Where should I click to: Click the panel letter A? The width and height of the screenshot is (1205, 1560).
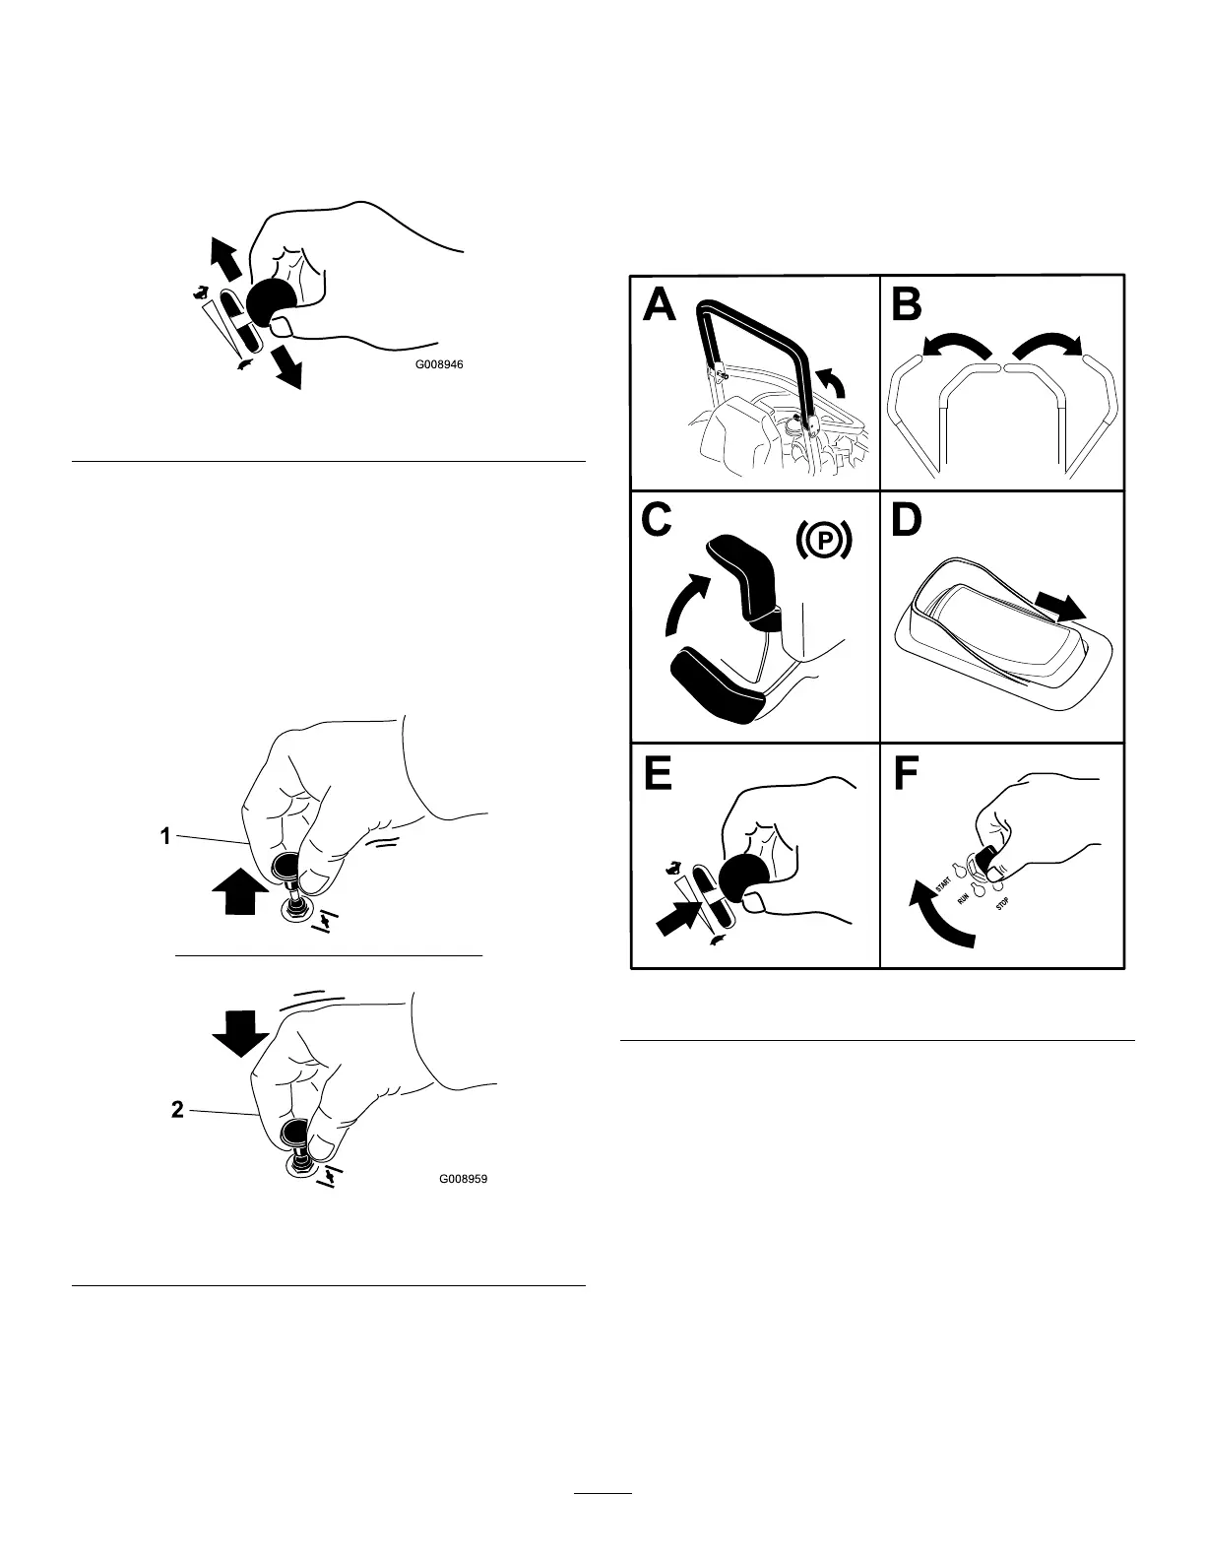click(x=660, y=304)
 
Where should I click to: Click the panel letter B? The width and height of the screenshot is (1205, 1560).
click(x=907, y=304)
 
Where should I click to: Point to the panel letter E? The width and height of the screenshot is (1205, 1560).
click(x=658, y=774)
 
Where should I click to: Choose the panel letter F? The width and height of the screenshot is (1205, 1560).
click(x=906, y=774)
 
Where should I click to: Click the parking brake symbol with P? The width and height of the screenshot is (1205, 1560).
click(x=821, y=541)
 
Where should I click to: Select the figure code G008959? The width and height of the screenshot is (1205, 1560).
click(x=463, y=1178)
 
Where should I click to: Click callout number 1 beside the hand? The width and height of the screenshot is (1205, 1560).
click(x=165, y=836)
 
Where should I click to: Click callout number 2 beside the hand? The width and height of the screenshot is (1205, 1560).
click(x=177, y=1109)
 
